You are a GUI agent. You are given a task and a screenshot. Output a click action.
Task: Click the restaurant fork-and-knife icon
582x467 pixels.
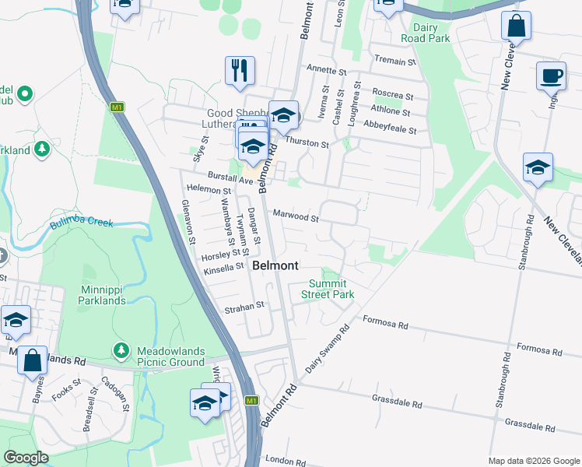point(240,71)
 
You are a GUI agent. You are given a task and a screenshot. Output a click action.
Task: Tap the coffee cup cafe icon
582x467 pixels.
point(551,76)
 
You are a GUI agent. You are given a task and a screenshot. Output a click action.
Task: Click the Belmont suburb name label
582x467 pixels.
point(275,265)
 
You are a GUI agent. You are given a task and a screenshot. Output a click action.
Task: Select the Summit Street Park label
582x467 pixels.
point(331,289)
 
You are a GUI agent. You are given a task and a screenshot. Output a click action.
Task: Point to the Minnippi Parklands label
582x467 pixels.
point(92,295)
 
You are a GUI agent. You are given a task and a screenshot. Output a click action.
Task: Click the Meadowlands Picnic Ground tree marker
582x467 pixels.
point(121,352)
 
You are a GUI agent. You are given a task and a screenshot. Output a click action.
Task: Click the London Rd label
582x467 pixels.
point(282,461)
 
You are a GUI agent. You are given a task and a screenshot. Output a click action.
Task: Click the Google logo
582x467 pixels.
point(26,458)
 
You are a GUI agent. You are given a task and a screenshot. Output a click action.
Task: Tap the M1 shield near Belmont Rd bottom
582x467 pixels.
point(251,401)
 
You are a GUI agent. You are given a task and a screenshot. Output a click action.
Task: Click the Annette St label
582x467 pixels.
point(327,71)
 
